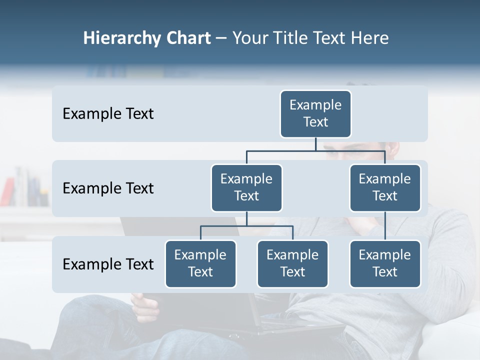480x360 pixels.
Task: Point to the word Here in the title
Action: pyautogui.click(x=369, y=38)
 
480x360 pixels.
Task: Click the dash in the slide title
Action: pyautogui.click(x=221, y=38)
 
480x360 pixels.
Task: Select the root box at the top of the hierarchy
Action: pyautogui.click(x=315, y=114)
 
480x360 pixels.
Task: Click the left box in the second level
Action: pyautogui.click(x=246, y=188)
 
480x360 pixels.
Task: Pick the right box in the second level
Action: pyautogui.click(x=385, y=188)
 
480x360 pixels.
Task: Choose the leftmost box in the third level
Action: pyautogui.click(x=200, y=264)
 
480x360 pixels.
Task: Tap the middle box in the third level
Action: pyautogui.click(x=292, y=264)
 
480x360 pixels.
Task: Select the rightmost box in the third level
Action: pyautogui.click(x=385, y=264)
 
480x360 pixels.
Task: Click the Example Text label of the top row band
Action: pyautogui.click(x=108, y=114)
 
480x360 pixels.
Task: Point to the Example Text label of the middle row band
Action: pyautogui.click(x=108, y=188)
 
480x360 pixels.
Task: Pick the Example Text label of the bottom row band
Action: pyautogui.click(x=108, y=264)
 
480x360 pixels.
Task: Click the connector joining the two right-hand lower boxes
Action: pyautogui.click(x=385, y=226)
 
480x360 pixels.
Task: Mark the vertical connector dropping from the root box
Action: pyautogui.click(x=315, y=144)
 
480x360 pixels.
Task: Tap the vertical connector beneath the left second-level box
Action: pyautogui.click(x=246, y=219)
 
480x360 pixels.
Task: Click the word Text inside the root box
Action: pyautogui.click(x=315, y=122)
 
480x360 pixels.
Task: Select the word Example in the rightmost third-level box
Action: pyautogui.click(x=385, y=255)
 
